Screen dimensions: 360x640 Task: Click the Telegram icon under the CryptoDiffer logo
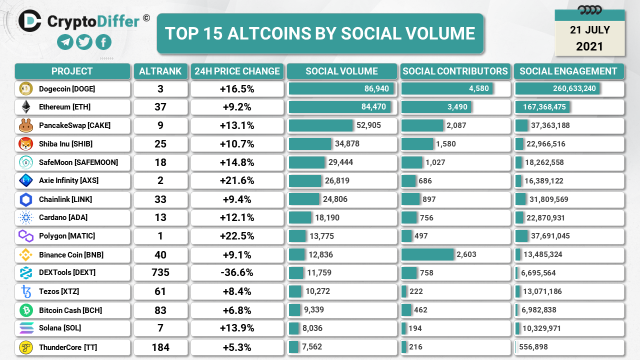coord(65,42)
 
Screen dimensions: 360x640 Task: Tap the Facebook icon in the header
coord(103,42)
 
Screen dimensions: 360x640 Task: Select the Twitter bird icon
coord(84,42)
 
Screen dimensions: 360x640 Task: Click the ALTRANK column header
coord(160,71)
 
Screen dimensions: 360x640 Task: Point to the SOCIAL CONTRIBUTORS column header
coord(455,71)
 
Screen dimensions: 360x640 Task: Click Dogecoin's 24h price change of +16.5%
coord(237,89)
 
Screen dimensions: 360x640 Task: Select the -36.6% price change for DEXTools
coord(237,272)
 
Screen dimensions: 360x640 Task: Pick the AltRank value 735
coord(160,272)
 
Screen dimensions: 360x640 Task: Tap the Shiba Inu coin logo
coord(25,144)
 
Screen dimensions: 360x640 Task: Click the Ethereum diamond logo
coord(25,107)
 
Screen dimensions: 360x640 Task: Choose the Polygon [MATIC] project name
coord(67,235)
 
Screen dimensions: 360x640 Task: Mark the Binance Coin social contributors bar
coord(427,254)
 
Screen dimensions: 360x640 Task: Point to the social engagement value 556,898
coord(541,347)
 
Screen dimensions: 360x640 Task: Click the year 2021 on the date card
coord(589,46)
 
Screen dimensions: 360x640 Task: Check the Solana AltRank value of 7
coord(160,328)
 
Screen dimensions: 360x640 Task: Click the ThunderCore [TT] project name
coord(68,347)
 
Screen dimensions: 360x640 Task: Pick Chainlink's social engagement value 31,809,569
coord(549,199)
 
